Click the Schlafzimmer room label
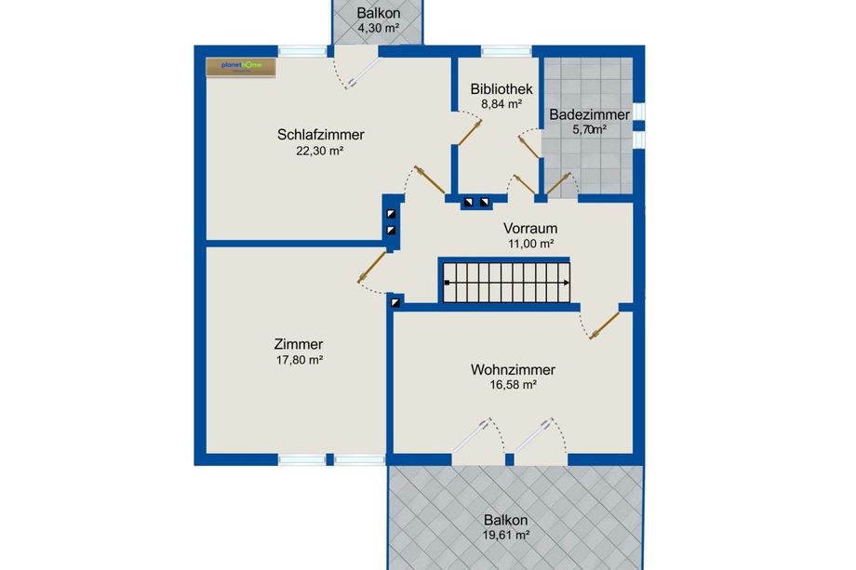(320, 135)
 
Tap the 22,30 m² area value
(319, 151)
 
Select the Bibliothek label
(502, 89)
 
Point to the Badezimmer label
(589, 115)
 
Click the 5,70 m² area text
(589, 130)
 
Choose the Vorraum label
(530, 229)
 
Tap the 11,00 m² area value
(531, 244)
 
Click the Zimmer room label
(299, 344)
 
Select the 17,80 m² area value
(300, 360)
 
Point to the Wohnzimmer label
(513, 370)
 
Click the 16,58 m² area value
(514, 385)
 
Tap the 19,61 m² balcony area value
(506, 535)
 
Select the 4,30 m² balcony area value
(379, 28)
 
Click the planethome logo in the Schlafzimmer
(241, 67)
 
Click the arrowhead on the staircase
(567, 283)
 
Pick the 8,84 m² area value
(502, 103)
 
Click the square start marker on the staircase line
(448, 283)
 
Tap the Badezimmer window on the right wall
(638, 125)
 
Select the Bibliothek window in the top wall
(506, 51)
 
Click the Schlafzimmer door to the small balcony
(356, 67)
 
